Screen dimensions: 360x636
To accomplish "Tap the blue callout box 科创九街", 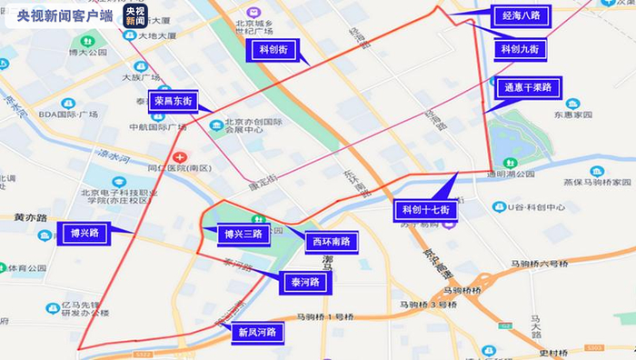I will tap(522, 48).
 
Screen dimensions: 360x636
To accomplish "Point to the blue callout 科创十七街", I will tap(427, 210).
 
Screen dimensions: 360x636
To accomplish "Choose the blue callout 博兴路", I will tap(84, 233).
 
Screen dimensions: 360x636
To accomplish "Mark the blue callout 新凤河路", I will tap(256, 332).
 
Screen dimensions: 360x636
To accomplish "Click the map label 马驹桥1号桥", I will tap(325, 317).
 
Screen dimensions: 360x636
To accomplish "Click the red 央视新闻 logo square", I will tap(135, 16).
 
